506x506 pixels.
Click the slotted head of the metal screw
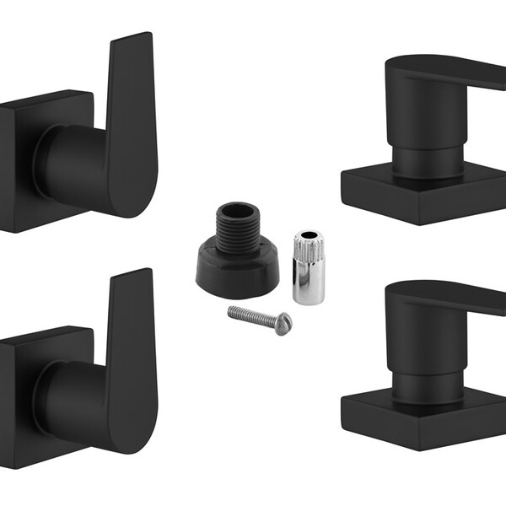tap(285, 321)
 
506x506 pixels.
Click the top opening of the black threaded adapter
tap(238, 210)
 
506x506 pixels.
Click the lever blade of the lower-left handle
tap(133, 354)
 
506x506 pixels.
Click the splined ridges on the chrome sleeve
tap(304, 253)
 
